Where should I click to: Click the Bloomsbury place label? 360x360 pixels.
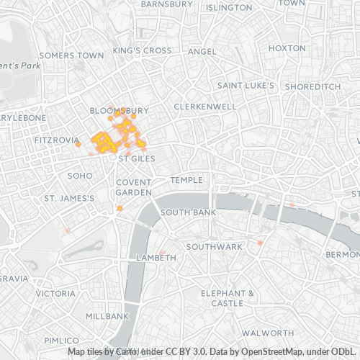pos(119,111)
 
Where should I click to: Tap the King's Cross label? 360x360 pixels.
pos(142,51)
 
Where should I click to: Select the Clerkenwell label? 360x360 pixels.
pos(205,107)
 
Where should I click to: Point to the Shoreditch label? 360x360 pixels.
pos(312,86)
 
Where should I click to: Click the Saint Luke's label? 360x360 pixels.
pos(247,86)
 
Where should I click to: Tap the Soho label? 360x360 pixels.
pos(80,175)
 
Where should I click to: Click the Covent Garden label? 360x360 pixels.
pos(134,187)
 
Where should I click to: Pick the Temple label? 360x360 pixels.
pos(187,179)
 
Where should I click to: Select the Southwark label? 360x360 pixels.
pos(215,246)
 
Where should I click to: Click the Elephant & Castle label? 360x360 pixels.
pos(228,298)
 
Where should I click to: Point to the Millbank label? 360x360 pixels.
pos(107,316)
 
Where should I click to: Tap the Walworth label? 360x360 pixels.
pos(267,333)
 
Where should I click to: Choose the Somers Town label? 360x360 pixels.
pos(72,55)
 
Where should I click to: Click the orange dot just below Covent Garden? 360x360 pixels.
pos(120,209)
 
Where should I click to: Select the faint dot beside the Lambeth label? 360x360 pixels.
pos(163,253)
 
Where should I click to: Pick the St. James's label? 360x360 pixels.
pos(70,198)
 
